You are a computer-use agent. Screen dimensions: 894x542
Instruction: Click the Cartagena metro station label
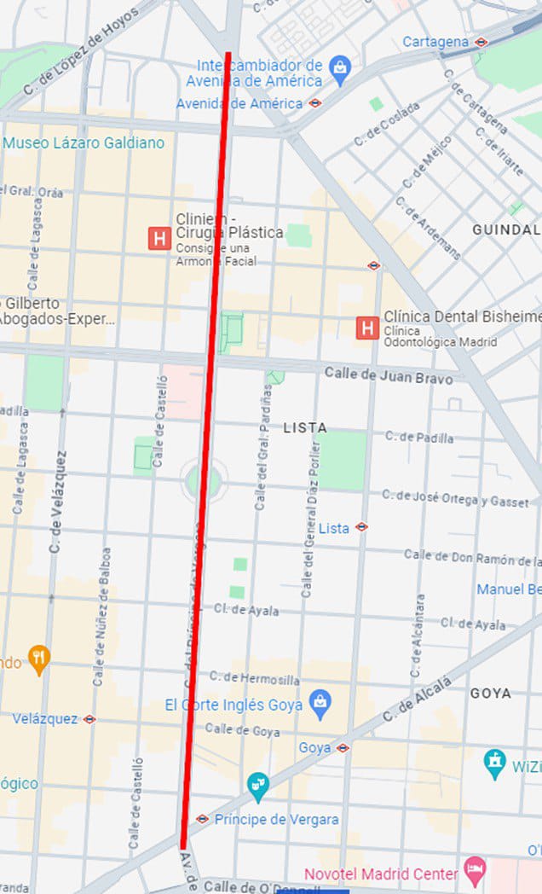tap(435, 42)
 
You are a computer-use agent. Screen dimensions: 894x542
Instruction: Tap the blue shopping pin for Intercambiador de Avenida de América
tap(340, 69)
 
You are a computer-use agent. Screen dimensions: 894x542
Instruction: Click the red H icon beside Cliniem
tap(159, 238)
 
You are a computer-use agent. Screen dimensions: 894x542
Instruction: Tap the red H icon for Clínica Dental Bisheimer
tap(367, 327)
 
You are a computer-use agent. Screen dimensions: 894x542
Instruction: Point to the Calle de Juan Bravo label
tap(388, 374)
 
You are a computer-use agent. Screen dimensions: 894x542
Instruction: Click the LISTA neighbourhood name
tap(305, 427)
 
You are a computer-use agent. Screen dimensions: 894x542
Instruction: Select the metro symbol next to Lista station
tap(361, 527)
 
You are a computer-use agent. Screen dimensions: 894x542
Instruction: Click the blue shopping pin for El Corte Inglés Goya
tap(320, 704)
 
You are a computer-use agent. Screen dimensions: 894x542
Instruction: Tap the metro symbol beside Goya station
tap(343, 748)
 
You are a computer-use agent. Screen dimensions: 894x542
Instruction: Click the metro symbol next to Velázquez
tap(89, 719)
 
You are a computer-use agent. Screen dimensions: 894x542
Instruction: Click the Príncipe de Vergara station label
tap(276, 820)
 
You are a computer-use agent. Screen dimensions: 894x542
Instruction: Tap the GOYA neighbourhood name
tap(491, 694)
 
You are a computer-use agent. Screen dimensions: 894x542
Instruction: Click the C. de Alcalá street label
tap(417, 700)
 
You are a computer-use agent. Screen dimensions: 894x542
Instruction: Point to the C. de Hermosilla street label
tap(255, 679)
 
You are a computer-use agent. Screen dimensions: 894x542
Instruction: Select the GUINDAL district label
tap(506, 229)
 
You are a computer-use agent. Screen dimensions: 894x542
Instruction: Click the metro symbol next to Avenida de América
tap(315, 103)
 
